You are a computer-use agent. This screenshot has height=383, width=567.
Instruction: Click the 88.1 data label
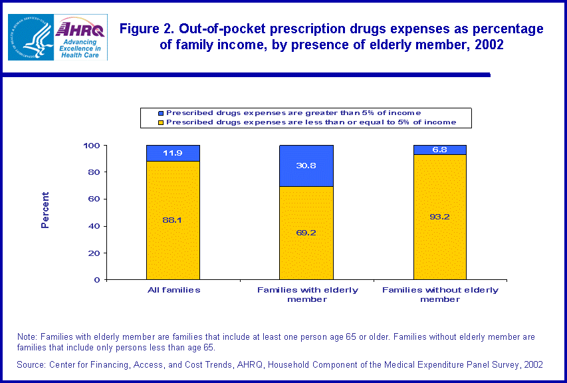point(173,220)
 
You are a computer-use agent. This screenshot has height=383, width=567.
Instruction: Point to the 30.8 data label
point(306,166)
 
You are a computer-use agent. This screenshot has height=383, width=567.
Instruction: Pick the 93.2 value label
point(439,217)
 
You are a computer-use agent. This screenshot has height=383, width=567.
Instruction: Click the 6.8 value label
point(439,150)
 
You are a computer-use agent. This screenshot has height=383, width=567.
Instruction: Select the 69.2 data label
point(306,233)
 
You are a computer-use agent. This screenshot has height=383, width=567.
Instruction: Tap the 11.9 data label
point(173,153)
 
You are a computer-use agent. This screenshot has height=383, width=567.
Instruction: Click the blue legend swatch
point(160,113)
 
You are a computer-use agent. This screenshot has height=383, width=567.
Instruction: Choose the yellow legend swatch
point(160,122)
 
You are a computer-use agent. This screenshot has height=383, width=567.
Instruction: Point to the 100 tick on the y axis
point(92,146)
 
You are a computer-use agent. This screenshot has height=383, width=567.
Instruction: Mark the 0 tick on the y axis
point(96,280)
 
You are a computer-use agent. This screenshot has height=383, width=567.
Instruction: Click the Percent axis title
point(45,210)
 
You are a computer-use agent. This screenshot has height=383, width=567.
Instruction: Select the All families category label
point(173,290)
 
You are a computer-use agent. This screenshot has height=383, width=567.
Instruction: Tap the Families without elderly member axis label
point(440,295)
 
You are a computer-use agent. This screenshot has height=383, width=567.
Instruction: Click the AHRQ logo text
point(80,30)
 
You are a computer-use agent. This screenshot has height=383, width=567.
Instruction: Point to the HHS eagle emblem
point(30,37)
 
